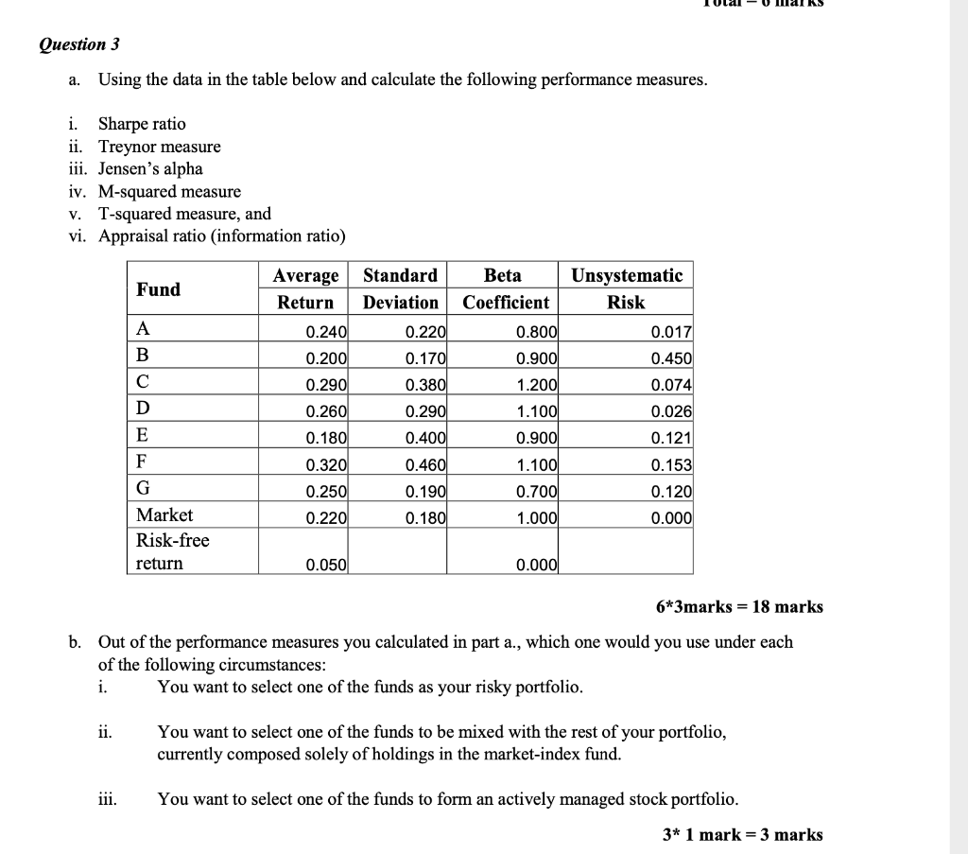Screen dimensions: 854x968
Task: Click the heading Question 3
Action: (x=79, y=44)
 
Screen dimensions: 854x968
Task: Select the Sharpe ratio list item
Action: (x=142, y=124)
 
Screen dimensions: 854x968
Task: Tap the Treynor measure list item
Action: (x=159, y=147)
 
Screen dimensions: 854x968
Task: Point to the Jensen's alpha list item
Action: (x=150, y=169)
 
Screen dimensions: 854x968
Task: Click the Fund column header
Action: (x=158, y=289)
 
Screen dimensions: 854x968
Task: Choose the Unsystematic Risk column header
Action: (x=626, y=288)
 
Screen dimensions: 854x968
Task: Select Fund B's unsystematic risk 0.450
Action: (x=671, y=358)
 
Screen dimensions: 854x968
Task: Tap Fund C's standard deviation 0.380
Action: (x=425, y=386)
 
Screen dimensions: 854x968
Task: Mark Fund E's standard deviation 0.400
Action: (x=425, y=439)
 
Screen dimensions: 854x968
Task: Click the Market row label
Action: (x=164, y=515)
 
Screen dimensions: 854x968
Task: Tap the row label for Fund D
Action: (x=144, y=409)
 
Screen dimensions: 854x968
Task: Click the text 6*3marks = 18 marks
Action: (x=739, y=607)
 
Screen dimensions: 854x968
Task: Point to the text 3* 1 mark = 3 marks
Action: (x=742, y=834)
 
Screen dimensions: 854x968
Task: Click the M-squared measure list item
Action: (x=169, y=192)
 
